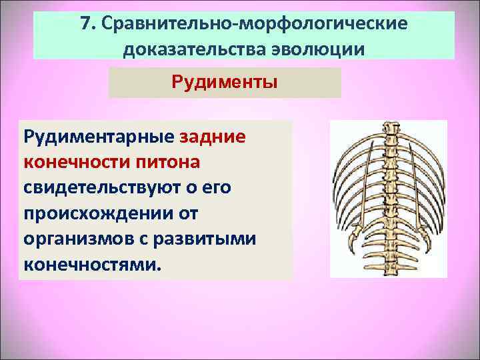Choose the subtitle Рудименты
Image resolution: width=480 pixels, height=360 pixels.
[x=225, y=83]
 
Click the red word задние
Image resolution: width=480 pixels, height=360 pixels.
[x=213, y=137]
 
